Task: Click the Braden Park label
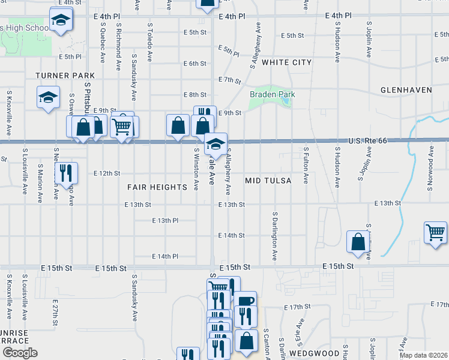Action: [x=273, y=94]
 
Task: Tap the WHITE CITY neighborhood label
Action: [x=287, y=62]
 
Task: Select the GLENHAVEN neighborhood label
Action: [x=406, y=90]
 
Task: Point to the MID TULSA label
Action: [x=268, y=181]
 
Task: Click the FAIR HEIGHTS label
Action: [x=157, y=187]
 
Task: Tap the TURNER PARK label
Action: [x=65, y=76]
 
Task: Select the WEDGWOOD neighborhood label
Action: [x=311, y=353]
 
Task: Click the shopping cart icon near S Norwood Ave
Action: [x=435, y=231]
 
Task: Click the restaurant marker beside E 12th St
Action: [x=66, y=173]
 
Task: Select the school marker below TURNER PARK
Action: [x=48, y=97]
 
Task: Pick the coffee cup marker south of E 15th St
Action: [x=246, y=301]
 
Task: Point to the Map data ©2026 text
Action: [x=423, y=355]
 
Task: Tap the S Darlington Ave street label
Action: [x=275, y=235]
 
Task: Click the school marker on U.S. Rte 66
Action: [x=216, y=143]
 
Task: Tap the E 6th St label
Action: [x=194, y=63]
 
